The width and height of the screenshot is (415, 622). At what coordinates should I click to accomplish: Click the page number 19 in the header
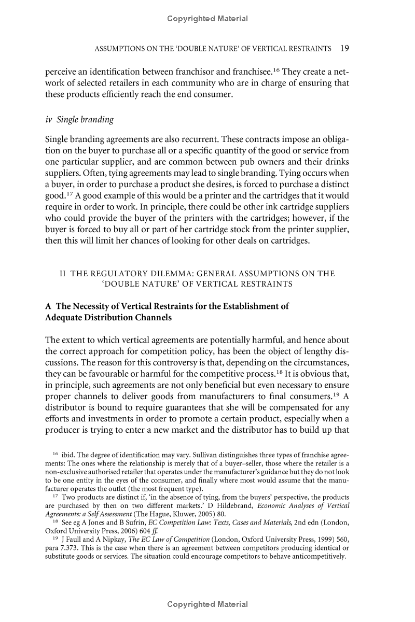coord(344,49)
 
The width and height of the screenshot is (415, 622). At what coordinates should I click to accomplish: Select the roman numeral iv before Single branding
coord(49,120)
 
